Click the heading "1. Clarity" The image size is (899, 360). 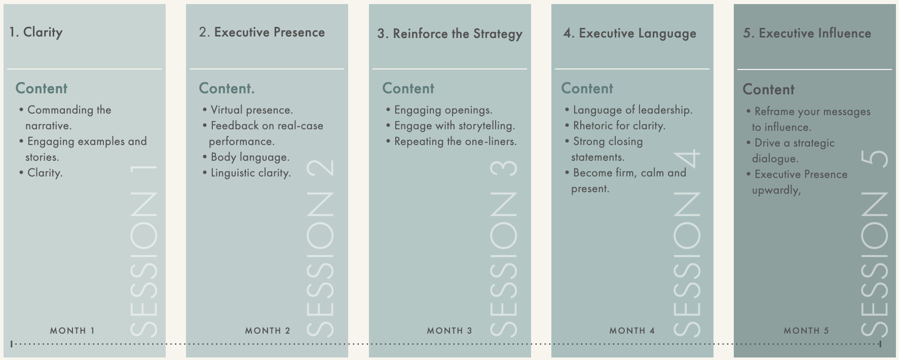[x=36, y=32]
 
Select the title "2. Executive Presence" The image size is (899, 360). [x=261, y=32]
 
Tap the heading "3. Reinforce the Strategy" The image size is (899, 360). [x=449, y=34]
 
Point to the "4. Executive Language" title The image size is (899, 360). [x=629, y=33]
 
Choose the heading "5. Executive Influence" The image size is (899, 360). [x=807, y=33]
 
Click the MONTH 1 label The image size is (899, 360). [x=72, y=331]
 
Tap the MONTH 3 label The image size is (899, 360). [x=449, y=331]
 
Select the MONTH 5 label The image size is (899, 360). [x=806, y=331]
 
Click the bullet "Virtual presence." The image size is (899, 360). [x=251, y=110]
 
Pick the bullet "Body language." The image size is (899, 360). [x=250, y=157]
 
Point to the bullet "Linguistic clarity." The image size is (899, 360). [x=250, y=173]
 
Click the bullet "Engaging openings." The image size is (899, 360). [x=443, y=110]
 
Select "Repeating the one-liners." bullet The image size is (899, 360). [x=455, y=141]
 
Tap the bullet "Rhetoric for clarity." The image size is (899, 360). [x=619, y=126]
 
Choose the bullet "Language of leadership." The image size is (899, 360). [x=632, y=110]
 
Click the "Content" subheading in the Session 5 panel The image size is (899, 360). [x=768, y=90]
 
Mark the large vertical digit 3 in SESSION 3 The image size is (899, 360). [x=504, y=168]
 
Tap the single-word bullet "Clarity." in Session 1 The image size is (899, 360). [x=45, y=173]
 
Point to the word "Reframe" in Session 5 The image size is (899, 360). [x=775, y=112]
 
